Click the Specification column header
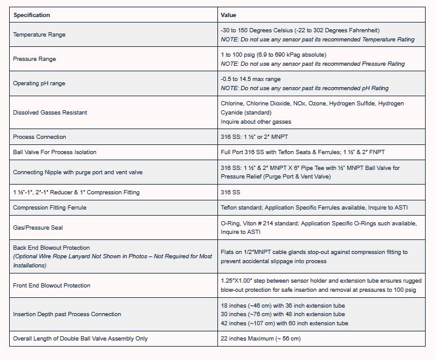coord(32,15)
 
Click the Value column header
coord(228,15)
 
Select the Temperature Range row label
coord(39,35)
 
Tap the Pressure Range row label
coord(34,59)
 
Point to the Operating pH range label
coord(39,83)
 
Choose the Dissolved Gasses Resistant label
coord(50,113)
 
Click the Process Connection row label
coord(40,137)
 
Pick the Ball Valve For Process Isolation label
coord(55,152)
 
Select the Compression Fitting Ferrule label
coord(50,208)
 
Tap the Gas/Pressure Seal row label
coord(38,228)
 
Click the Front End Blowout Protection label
coord(52,285)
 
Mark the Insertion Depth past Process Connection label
coord(67,314)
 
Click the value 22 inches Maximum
coord(260,339)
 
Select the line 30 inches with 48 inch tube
coord(284,314)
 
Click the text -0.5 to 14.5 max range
coord(250,79)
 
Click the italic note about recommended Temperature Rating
coord(317,40)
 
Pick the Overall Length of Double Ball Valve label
coord(80,339)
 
